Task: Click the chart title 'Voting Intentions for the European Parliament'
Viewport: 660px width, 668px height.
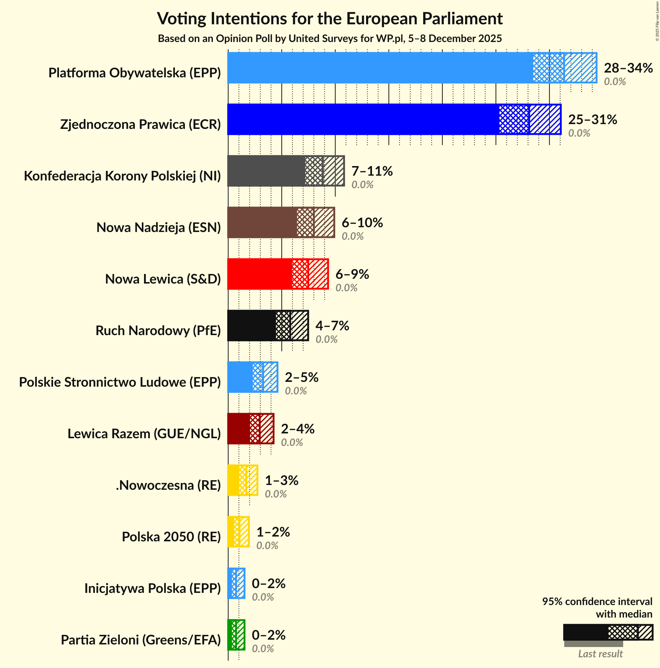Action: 330,18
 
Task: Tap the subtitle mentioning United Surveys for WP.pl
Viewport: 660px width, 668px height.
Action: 330,39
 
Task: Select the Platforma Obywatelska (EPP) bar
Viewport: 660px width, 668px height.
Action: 379,68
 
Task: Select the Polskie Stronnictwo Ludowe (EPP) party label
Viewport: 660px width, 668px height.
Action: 120,382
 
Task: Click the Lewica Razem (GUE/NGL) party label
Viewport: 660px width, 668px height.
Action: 144,434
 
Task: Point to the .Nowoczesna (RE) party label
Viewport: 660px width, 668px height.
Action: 168,485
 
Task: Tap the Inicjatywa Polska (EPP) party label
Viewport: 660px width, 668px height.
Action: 152,588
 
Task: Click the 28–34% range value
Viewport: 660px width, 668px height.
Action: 628,68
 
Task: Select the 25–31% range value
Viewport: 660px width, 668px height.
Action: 592,120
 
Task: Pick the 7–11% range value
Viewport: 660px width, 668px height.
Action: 372,171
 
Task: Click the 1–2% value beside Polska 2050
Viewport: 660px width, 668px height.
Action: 273,532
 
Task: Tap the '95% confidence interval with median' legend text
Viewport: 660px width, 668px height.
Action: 597,608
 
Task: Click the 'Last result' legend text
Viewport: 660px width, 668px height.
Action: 600,654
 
